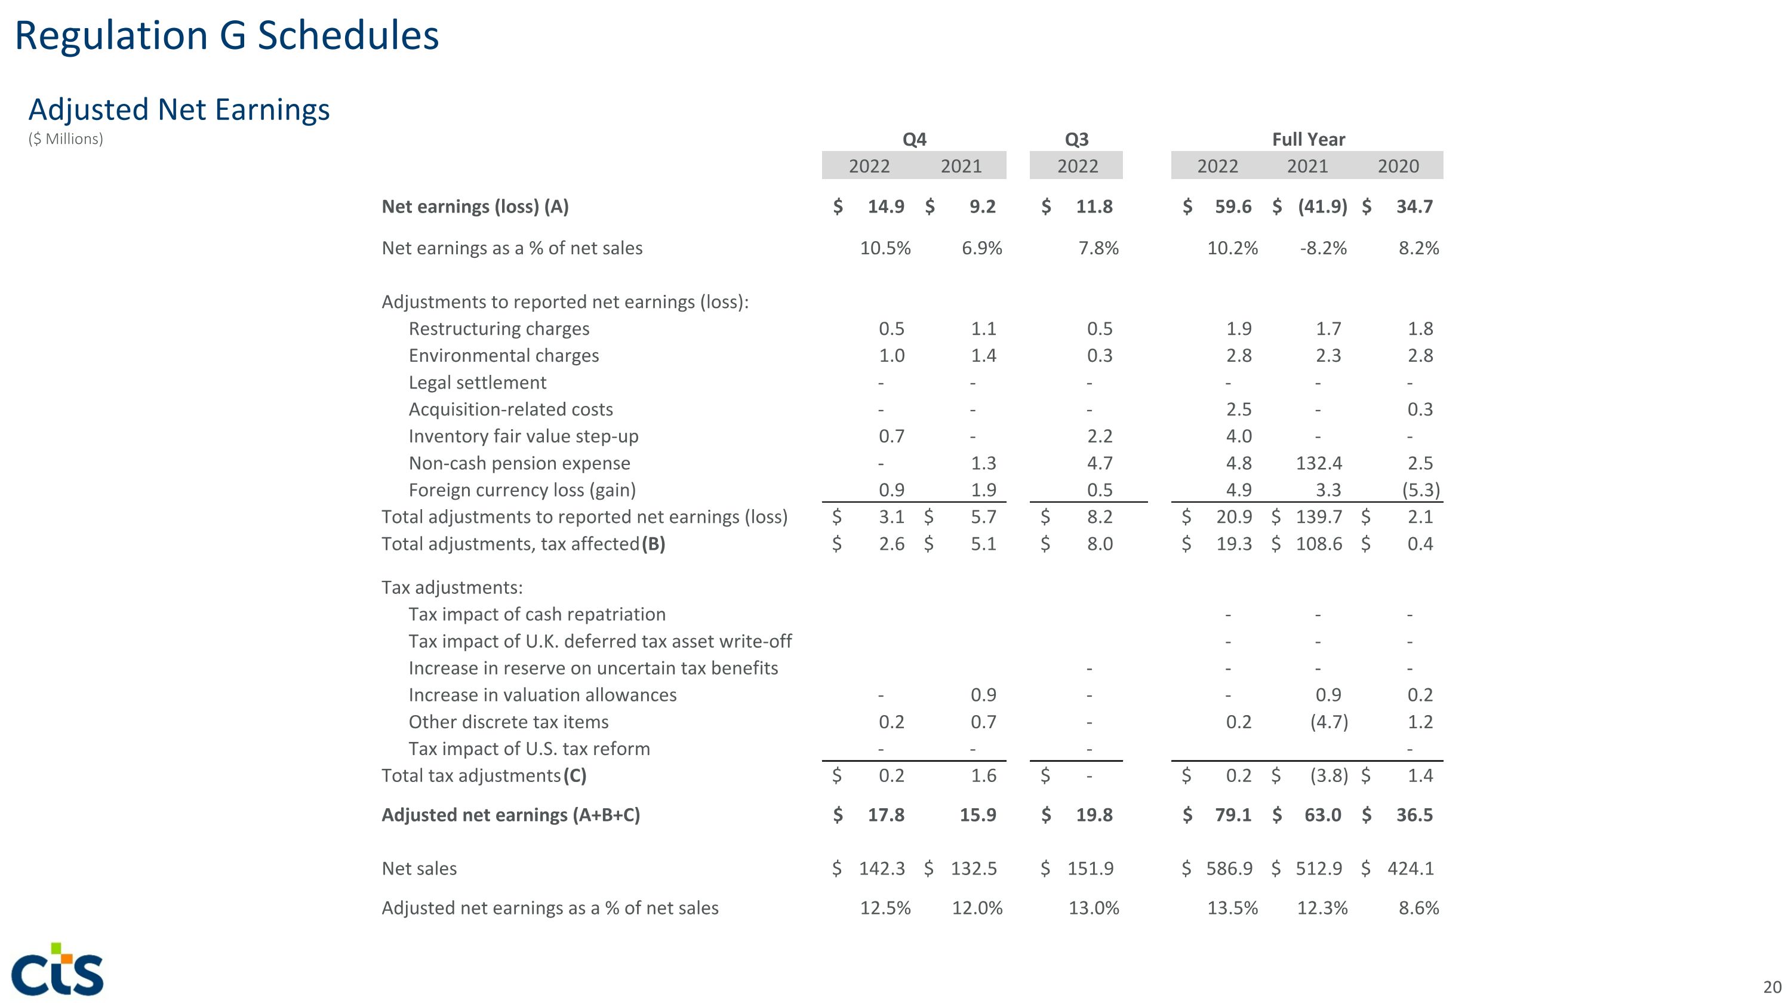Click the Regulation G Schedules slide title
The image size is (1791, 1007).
pyautogui.click(x=227, y=36)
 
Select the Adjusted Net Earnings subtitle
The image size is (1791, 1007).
pyautogui.click(x=179, y=110)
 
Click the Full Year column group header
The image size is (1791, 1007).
pyautogui.click(x=1308, y=140)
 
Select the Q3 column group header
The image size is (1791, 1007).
pyautogui.click(x=1076, y=140)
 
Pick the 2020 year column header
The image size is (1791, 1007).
pyautogui.click(x=1398, y=166)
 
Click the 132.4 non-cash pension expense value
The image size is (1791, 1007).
pyautogui.click(x=1319, y=464)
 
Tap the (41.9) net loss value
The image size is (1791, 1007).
pyautogui.click(x=1322, y=207)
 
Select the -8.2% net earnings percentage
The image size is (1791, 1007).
pyautogui.click(x=1323, y=248)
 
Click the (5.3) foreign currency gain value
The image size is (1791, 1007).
pyautogui.click(x=1420, y=490)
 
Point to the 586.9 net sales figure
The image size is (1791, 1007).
pyautogui.click(x=1229, y=869)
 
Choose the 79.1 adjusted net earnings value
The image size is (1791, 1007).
pyautogui.click(x=1233, y=815)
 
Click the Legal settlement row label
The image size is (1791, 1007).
pyautogui.click(x=477, y=383)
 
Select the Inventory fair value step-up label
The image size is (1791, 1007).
pyautogui.click(x=523, y=436)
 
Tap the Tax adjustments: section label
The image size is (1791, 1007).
pyautogui.click(x=452, y=588)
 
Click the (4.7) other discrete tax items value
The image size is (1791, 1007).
pyautogui.click(x=1329, y=722)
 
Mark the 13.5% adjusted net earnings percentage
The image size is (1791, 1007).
pyautogui.click(x=1232, y=909)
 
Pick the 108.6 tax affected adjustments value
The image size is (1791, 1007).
pyautogui.click(x=1319, y=544)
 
